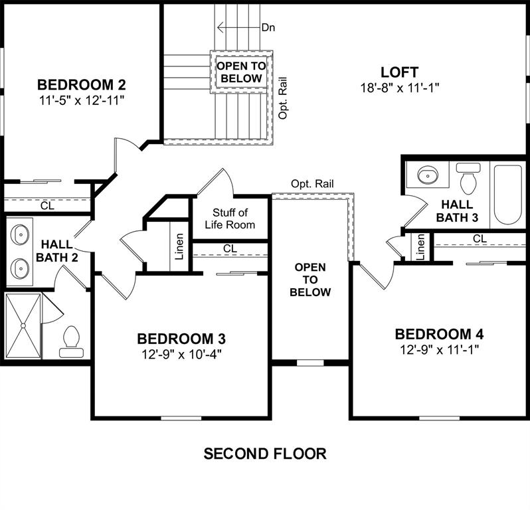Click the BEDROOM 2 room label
(82, 85)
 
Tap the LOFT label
(399, 72)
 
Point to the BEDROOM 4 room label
(439, 333)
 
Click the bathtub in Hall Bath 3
(508, 193)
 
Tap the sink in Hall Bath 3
(428, 176)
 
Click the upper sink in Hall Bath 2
(21, 234)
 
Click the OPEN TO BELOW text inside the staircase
(242, 72)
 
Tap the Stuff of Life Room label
(230, 218)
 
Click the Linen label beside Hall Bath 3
(420, 247)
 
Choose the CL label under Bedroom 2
(47, 206)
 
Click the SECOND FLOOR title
(264, 454)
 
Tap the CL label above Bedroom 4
(480, 238)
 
